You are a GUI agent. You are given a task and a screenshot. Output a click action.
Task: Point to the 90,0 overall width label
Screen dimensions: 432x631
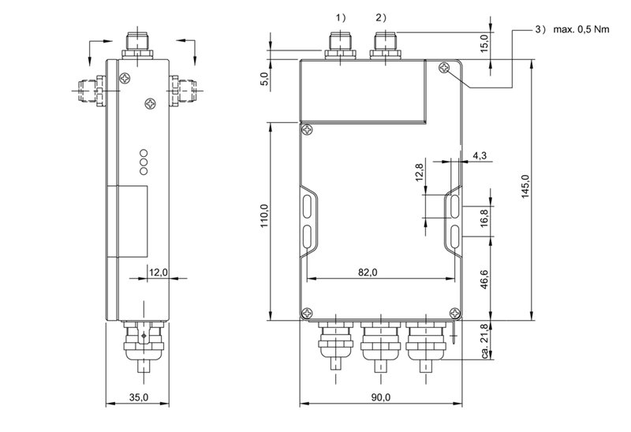tap(379, 398)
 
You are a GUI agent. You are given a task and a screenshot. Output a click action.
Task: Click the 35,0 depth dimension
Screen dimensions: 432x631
tap(138, 398)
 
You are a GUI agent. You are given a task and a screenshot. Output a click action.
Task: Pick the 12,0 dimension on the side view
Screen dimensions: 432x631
tap(159, 272)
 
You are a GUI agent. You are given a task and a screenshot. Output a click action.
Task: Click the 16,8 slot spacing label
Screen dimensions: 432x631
tap(483, 216)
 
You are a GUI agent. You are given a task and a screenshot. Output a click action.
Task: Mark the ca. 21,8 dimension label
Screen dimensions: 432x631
tap(483, 344)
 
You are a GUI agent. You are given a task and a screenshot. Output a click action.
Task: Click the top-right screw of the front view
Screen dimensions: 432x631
tap(447, 70)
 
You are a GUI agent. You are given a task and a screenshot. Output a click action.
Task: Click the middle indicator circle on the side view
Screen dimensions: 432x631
tap(144, 160)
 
